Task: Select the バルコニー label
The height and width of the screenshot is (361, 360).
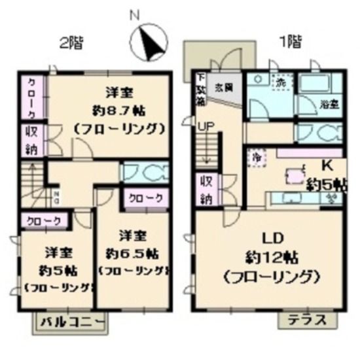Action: coord(71,322)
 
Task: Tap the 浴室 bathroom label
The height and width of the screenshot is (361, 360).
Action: coord(328,103)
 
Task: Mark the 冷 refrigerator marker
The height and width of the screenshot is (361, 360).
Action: coord(256,157)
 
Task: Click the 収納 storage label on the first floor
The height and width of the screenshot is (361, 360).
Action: coord(205,188)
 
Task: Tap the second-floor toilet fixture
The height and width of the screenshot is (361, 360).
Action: coord(145,173)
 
